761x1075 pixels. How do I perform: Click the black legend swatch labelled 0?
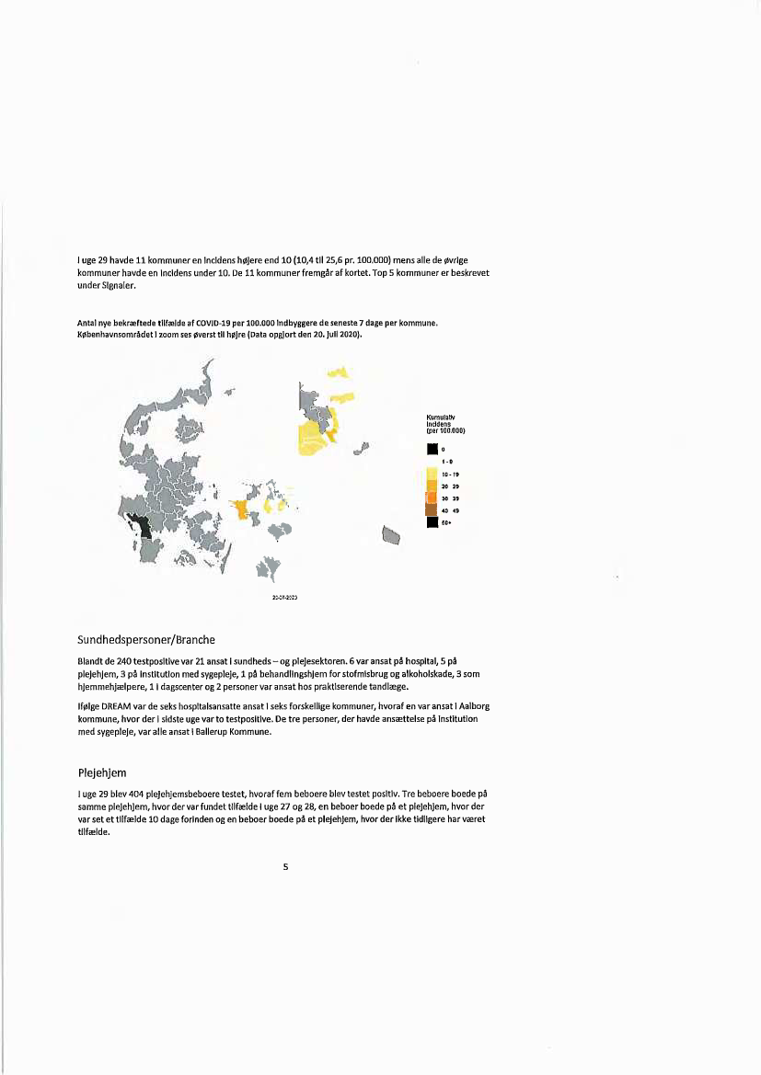tap(432, 449)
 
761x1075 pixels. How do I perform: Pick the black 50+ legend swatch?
tap(432, 522)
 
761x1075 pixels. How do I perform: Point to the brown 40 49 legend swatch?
tap(432, 509)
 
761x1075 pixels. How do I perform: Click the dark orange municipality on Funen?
tap(241, 509)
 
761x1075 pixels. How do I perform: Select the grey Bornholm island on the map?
tap(391, 534)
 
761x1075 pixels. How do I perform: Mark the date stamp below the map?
tap(283, 597)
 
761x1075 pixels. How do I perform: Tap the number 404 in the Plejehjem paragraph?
tap(143, 793)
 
